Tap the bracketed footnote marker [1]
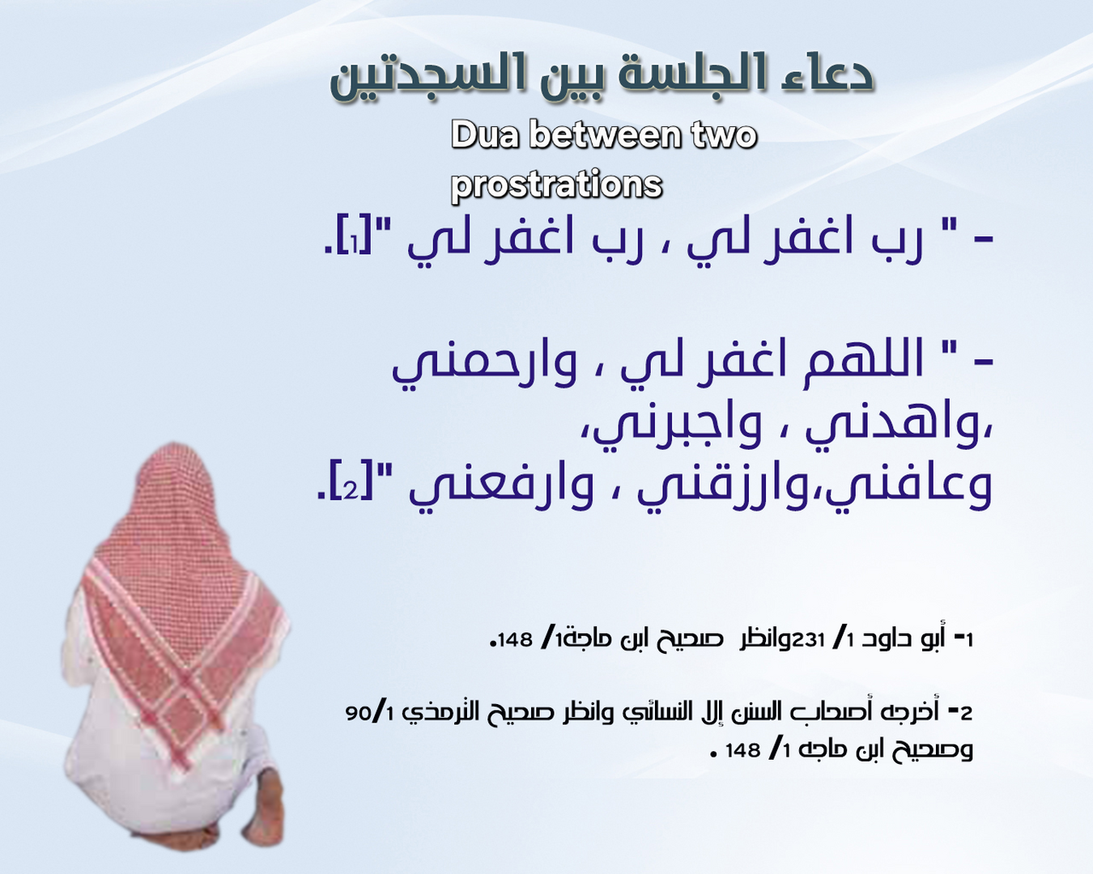pyautogui.click(x=354, y=241)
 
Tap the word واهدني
pyautogui.click(x=891, y=426)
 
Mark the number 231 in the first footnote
pyautogui.click(x=808, y=639)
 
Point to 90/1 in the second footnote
pyautogui.click(x=370, y=713)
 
